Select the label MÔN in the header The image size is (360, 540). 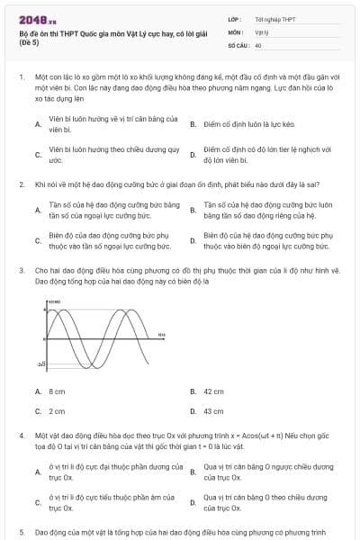pos(236,31)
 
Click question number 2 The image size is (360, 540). pos(21,184)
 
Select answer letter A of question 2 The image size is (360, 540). pos(38,211)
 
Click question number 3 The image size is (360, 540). pos(21,270)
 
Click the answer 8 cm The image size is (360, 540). pos(57,391)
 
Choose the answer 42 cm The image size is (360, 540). pos(213,391)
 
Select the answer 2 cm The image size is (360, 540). pos(57,411)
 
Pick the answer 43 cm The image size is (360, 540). pos(213,411)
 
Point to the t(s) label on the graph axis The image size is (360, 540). pos(161,335)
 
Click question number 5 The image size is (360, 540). pos(21,532)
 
